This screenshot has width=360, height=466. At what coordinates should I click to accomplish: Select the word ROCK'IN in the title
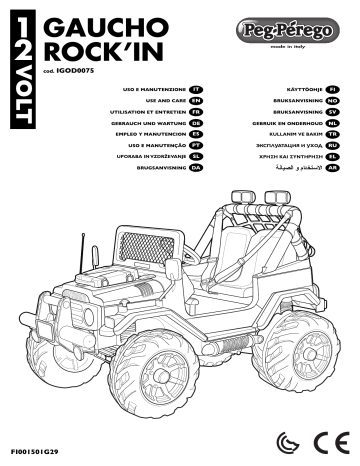click(x=94, y=51)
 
